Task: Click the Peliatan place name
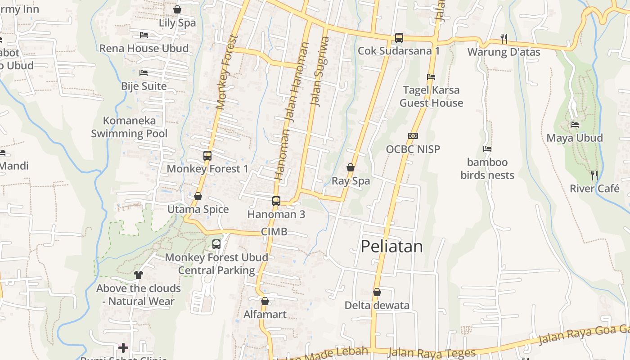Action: (x=392, y=247)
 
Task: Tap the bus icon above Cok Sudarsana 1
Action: (x=399, y=38)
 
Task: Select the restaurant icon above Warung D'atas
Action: (x=504, y=39)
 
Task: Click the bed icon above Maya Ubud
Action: (x=575, y=125)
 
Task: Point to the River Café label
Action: (x=594, y=189)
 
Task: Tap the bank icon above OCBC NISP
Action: (x=413, y=136)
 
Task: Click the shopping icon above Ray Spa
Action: (x=351, y=168)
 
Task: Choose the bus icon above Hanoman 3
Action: (x=276, y=201)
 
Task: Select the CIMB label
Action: (x=274, y=232)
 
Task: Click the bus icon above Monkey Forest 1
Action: (x=207, y=156)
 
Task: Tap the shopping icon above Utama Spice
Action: (x=198, y=196)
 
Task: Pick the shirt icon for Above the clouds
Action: (x=138, y=274)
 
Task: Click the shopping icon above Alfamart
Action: (x=265, y=301)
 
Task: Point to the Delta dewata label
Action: (x=377, y=306)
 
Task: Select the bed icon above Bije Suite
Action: (x=144, y=72)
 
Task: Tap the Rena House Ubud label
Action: (x=144, y=48)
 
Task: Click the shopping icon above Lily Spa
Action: (x=177, y=9)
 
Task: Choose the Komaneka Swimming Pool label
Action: (x=129, y=127)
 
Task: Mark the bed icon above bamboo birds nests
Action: (x=487, y=149)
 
